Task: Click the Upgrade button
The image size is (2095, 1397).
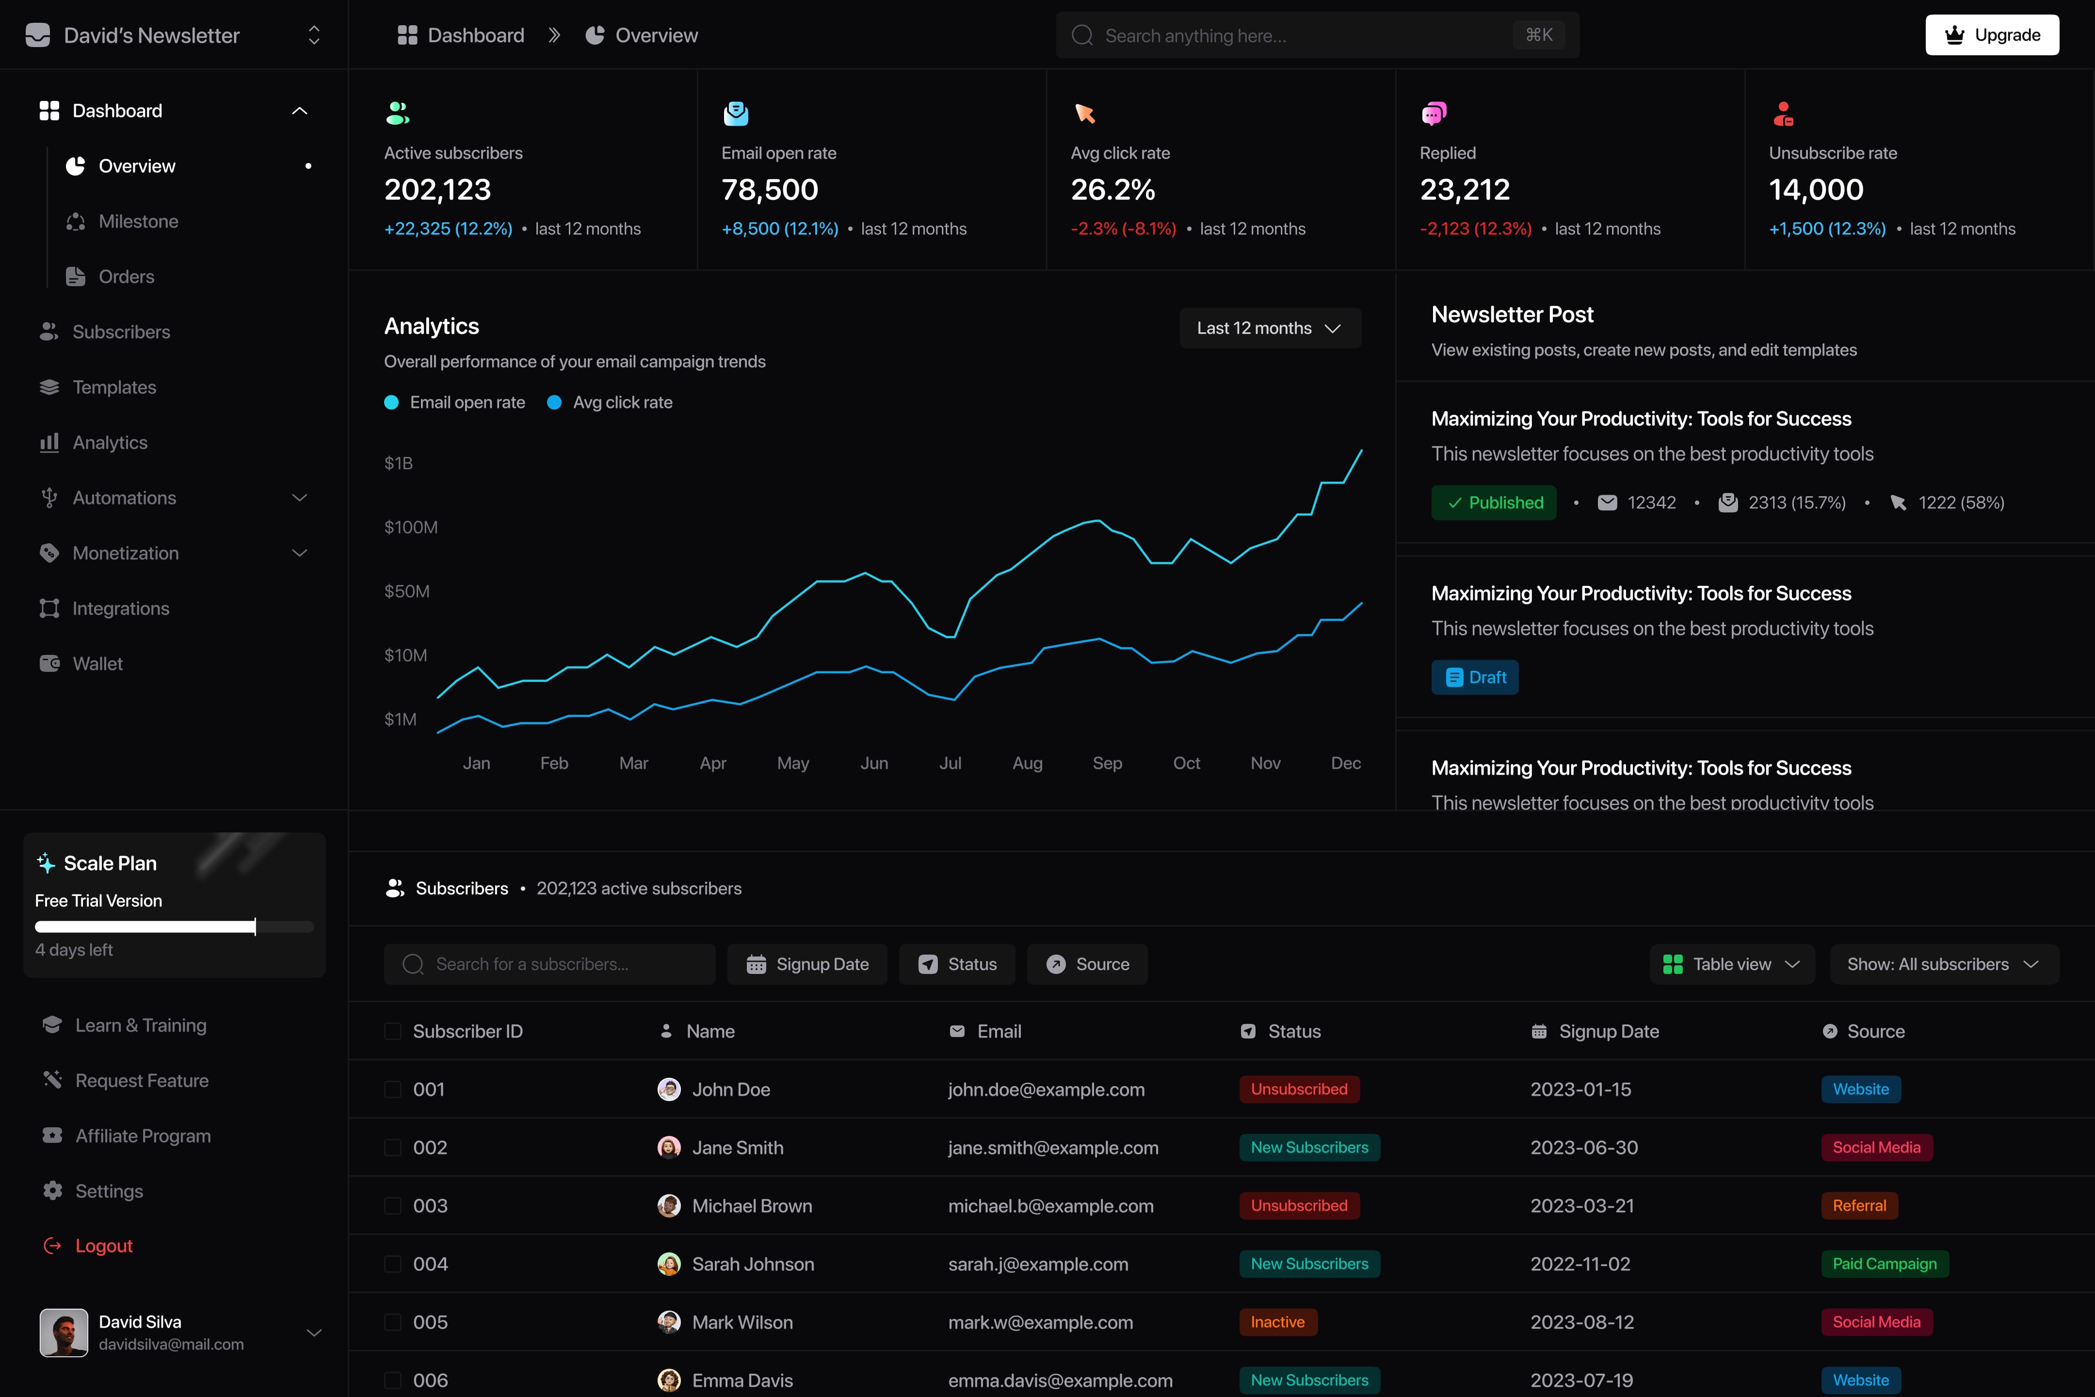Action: pos(1992,35)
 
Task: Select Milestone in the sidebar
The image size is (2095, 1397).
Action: pos(138,221)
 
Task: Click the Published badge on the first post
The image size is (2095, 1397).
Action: pos(1494,503)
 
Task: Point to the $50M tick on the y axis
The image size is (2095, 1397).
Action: pos(407,591)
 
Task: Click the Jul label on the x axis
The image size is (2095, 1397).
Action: pos(951,763)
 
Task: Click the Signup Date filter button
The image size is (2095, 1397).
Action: pos(807,964)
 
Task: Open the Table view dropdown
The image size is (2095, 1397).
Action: pos(1732,964)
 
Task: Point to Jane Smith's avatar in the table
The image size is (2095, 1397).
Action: pos(669,1148)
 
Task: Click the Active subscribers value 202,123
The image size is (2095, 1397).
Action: pos(437,190)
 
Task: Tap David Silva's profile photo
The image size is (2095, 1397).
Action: pos(64,1333)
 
